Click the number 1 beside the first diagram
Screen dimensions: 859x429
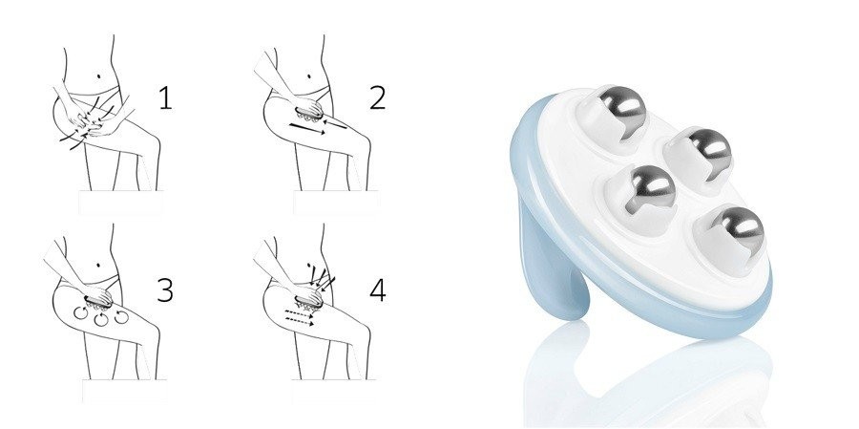(165, 98)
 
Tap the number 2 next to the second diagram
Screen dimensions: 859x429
(377, 98)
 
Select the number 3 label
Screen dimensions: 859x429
(165, 290)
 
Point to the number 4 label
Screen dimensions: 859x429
(377, 290)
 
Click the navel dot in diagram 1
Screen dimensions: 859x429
(98, 75)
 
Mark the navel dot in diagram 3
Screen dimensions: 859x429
(98, 265)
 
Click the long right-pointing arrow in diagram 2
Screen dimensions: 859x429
(306, 128)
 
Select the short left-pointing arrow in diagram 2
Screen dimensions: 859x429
(335, 124)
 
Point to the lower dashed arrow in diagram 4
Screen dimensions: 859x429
(300, 321)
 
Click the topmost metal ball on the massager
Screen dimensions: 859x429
(622, 105)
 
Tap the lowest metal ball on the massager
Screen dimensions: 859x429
(738, 227)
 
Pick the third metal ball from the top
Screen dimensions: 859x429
(650, 187)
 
